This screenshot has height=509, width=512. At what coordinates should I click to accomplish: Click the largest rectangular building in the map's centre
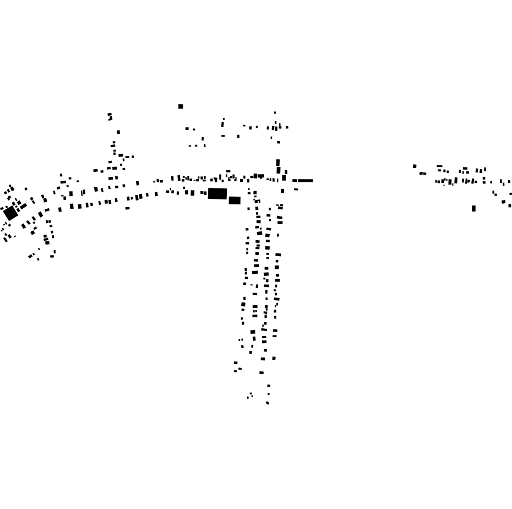click(217, 193)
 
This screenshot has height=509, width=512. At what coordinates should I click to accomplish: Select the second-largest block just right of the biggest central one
click(235, 201)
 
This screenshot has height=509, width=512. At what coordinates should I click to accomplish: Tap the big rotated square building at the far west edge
click(10, 213)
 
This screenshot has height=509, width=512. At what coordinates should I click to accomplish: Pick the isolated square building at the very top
click(181, 106)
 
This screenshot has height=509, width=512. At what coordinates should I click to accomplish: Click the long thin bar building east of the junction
click(303, 180)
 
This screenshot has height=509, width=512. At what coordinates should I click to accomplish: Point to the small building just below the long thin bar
click(296, 189)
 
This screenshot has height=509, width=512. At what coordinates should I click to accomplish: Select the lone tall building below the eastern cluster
click(473, 208)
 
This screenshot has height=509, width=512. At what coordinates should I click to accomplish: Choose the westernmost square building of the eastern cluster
click(415, 166)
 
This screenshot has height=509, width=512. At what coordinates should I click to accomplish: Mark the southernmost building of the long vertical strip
click(268, 403)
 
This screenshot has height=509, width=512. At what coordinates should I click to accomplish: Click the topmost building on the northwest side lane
click(110, 115)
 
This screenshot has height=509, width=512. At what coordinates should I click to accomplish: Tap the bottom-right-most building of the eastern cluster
click(510, 205)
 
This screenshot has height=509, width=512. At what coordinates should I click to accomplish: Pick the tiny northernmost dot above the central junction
click(275, 112)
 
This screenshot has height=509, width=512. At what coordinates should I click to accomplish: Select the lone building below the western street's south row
click(127, 208)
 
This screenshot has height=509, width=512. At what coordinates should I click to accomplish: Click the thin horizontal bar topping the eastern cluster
click(439, 166)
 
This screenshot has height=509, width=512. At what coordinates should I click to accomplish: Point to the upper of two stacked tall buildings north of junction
click(278, 163)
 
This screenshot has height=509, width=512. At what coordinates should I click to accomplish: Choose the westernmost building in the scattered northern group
click(187, 128)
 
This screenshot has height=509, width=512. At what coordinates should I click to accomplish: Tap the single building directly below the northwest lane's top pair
click(118, 132)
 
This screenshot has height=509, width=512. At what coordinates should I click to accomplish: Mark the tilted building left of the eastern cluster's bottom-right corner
click(503, 202)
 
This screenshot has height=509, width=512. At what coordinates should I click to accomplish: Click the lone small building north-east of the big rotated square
click(26, 189)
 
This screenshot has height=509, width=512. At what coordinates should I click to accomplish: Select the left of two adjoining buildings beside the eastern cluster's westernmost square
click(421, 174)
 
